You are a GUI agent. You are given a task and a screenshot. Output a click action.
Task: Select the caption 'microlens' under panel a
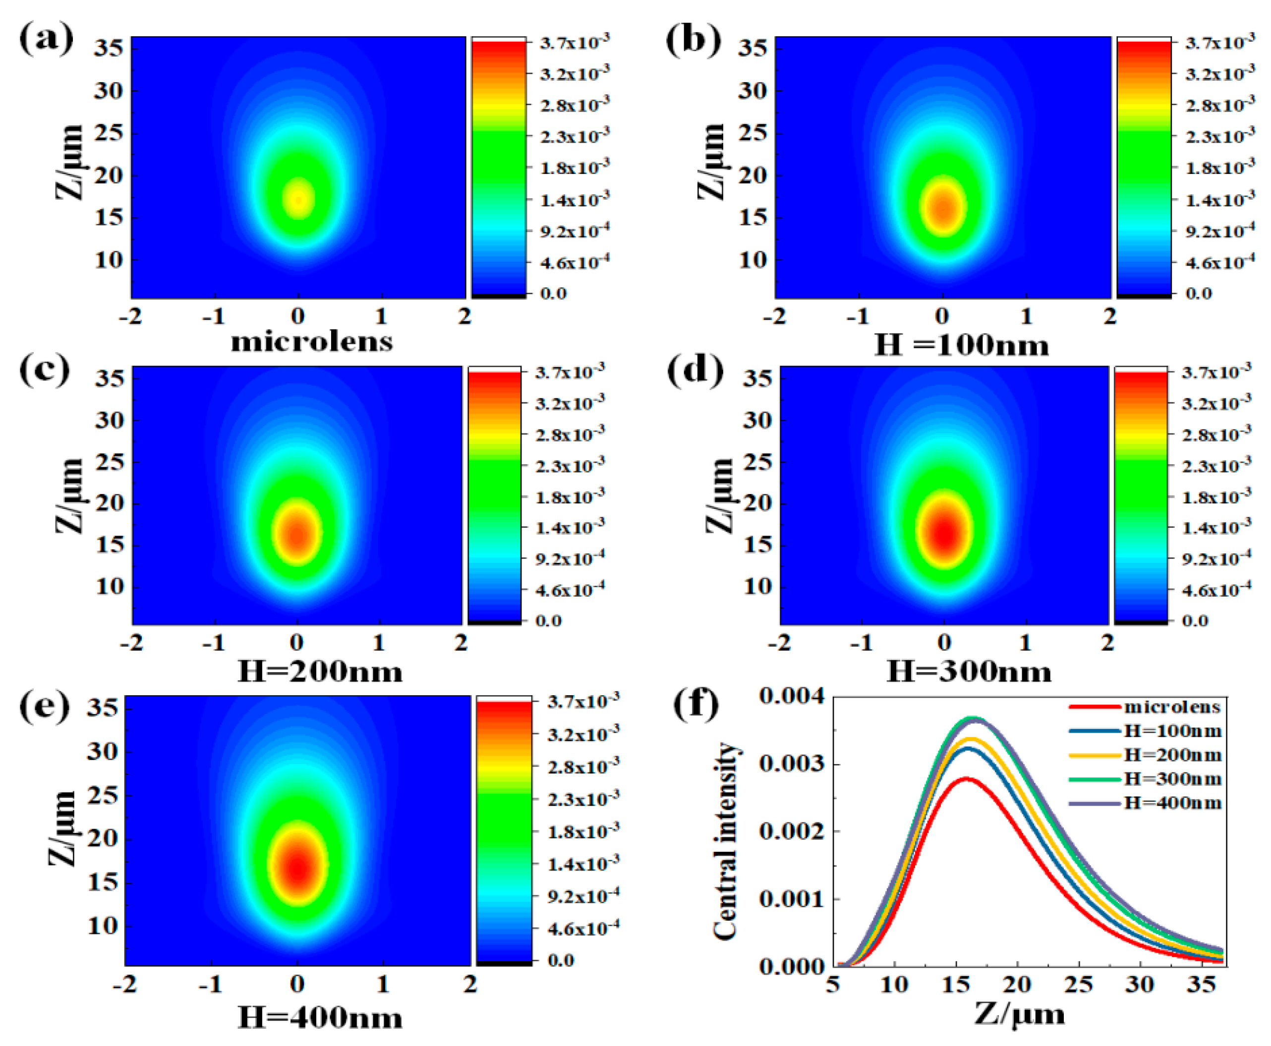point(312,341)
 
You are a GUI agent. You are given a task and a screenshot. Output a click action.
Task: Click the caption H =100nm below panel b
point(962,346)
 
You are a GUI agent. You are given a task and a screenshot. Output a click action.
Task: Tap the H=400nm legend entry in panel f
point(1173,803)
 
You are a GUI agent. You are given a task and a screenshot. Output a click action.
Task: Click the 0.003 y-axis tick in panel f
point(791,764)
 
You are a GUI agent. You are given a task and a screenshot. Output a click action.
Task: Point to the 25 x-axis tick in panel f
point(1078,985)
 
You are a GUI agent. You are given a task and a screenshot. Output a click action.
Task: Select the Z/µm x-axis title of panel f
point(1019,1014)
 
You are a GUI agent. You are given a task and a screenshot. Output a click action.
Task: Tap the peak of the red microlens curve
point(966,778)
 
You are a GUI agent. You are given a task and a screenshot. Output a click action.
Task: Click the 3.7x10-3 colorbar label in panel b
point(1220,42)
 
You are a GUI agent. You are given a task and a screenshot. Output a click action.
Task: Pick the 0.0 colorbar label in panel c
point(548,620)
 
